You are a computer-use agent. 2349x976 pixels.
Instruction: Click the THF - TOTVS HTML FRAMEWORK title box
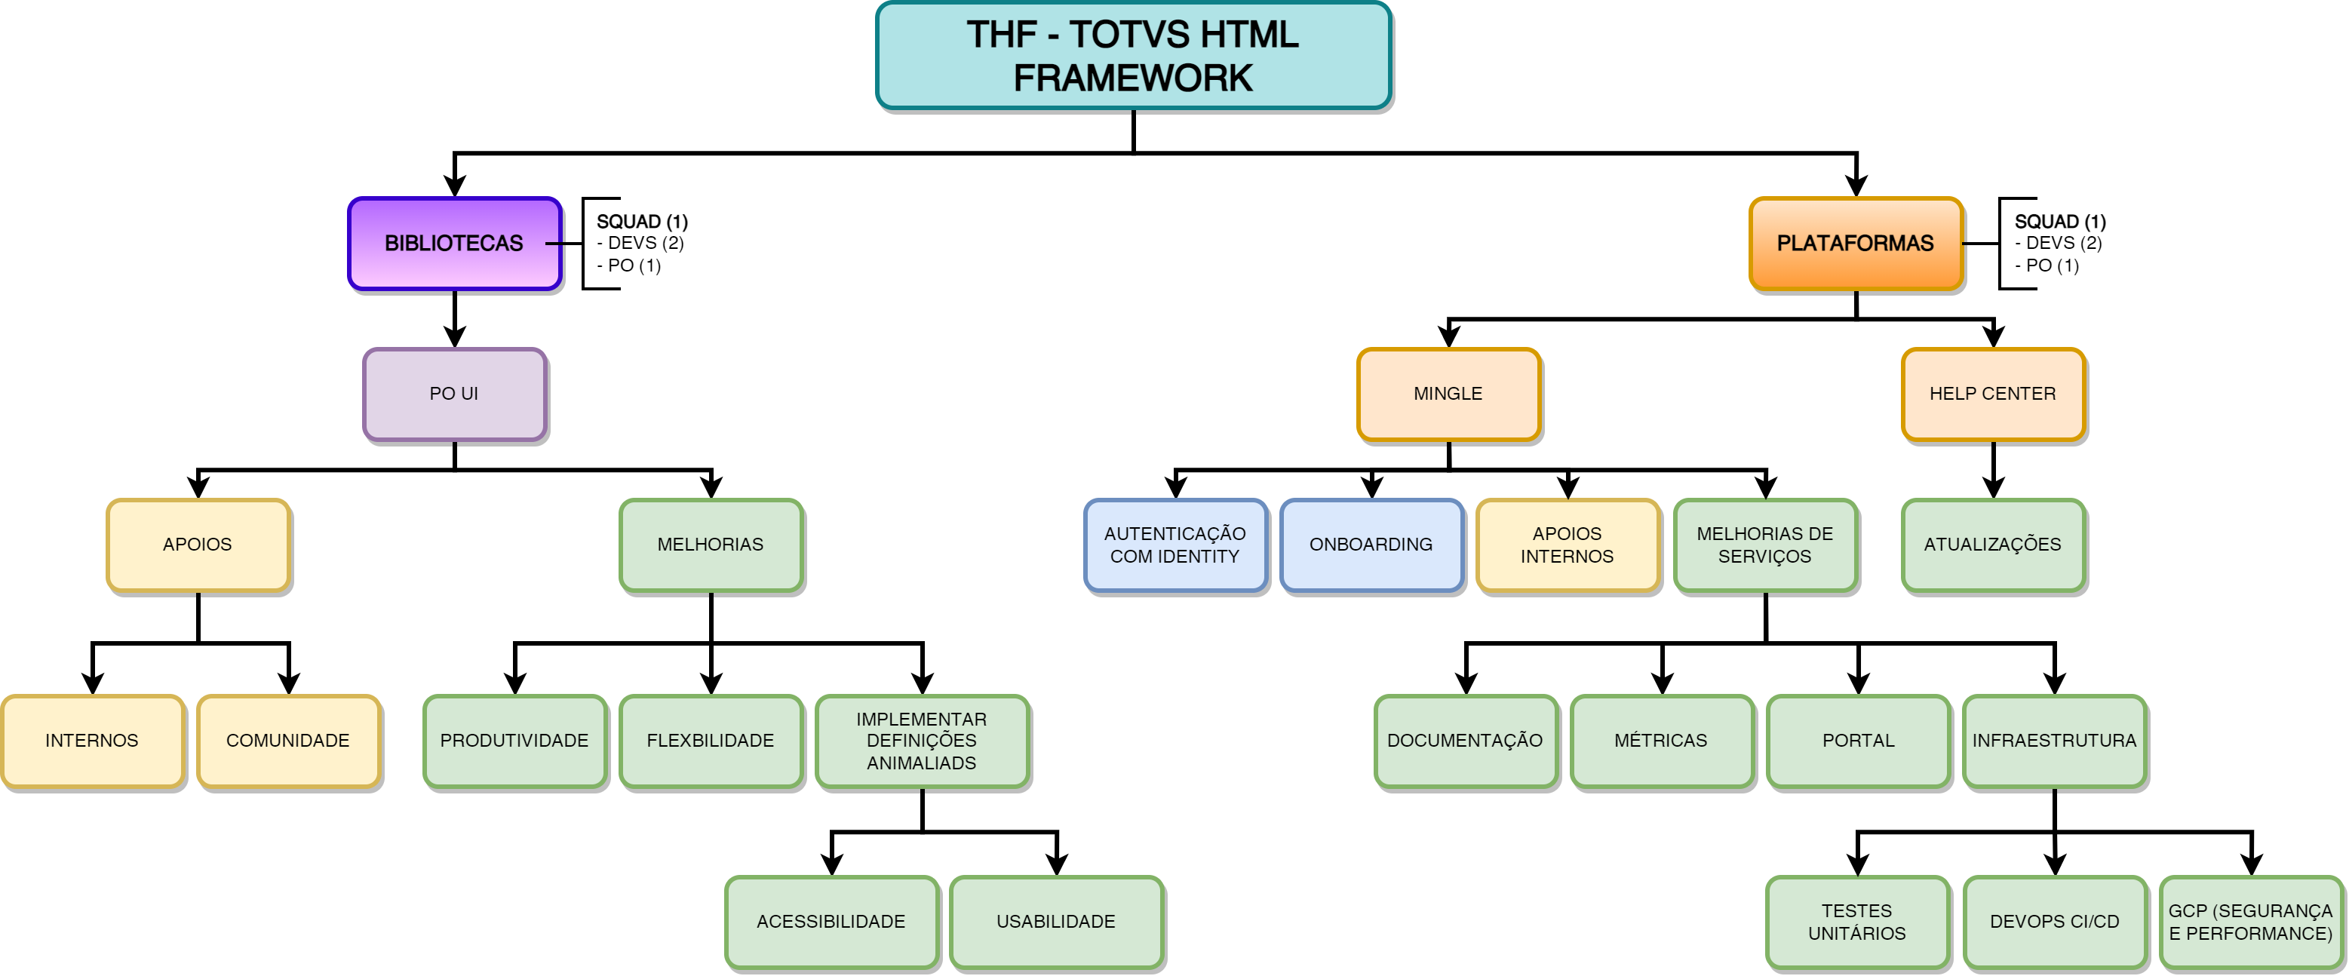pyautogui.click(x=1132, y=56)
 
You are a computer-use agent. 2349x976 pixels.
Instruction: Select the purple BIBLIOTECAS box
pyautogui.click(x=454, y=244)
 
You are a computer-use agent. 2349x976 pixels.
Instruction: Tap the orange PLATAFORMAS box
pyautogui.click(x=1855, y=244)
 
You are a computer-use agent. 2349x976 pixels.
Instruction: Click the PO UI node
pyautogui.click(x=454, y=394)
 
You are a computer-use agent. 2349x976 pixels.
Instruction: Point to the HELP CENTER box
pyautogui.click(x=1992, y=394)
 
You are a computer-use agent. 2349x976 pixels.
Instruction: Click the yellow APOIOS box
pyautogui.click(x=198, y=545)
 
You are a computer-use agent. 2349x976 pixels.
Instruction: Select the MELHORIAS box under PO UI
pyautogui.click(x=711, y=545)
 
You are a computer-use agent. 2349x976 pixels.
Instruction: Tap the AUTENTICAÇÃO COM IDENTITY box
pyautogui.click(x=1174, y=545)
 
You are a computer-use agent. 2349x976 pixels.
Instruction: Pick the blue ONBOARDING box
pyautogui.click(x=1371, y=545)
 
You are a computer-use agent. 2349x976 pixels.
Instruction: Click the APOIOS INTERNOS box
pyautogui.click(x=1567, y=545)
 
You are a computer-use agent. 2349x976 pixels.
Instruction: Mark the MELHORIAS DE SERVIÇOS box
pyautogui.click(x=1764, y=545)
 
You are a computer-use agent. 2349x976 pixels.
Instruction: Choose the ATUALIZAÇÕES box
pyautogui.click(x=1992, y=545)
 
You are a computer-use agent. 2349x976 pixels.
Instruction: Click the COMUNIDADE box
pyautogui.click(x=288, y=741)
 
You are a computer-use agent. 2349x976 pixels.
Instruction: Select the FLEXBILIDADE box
pyautogui.click(x=711, y=741)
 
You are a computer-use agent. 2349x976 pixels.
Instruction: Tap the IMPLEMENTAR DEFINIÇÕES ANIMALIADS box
pyautogui.click(x=921, y=741)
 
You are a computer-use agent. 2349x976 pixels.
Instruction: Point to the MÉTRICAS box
pyautogui.click(x=1660, y=741)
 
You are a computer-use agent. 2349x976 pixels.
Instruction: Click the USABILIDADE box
pyautogui.click(x=1056, y=921)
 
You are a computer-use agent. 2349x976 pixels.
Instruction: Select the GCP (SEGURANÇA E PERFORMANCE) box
pyautogui.click(x=2250, y=921)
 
